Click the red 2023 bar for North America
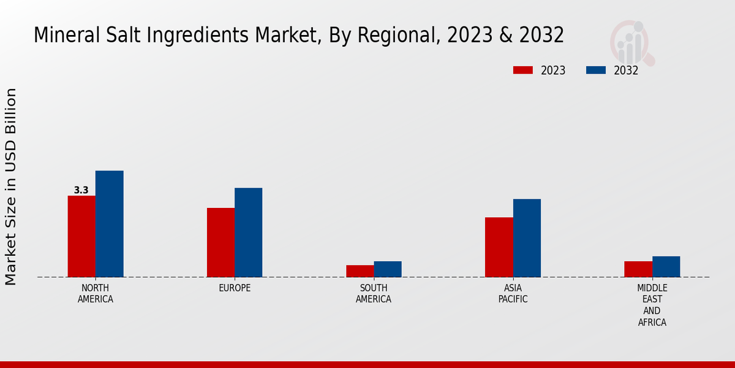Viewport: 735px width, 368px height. tap(81, 236)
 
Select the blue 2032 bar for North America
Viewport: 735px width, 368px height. tap(109, 224)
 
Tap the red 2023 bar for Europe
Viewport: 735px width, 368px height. tap(221, 242)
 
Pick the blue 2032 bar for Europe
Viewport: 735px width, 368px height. tap(248, 232)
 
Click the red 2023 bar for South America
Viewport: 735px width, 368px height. tap(360, 271)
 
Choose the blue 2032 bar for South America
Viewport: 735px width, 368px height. tap(388, 269)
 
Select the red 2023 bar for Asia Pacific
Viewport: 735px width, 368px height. tap(499, 247)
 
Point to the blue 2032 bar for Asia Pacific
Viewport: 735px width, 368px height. tap(527, 238)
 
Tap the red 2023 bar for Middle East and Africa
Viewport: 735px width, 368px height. tap(638, 269)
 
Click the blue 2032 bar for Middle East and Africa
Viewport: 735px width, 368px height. tap(666, 267)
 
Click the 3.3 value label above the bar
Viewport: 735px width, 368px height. tap(81, 190)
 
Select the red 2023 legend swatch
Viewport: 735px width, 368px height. tap(522, 70)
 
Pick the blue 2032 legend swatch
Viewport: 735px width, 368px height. tap(595, 70)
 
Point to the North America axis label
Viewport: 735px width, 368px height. tap(96, 294)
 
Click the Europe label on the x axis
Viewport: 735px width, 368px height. tap(235, 288)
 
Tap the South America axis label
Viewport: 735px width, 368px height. tap(374, 294)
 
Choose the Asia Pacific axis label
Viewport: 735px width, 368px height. tap(513, 294)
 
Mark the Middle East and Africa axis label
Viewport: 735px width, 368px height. tap(652, 305)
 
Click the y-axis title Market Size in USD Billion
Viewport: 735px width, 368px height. tap(11, 186)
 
